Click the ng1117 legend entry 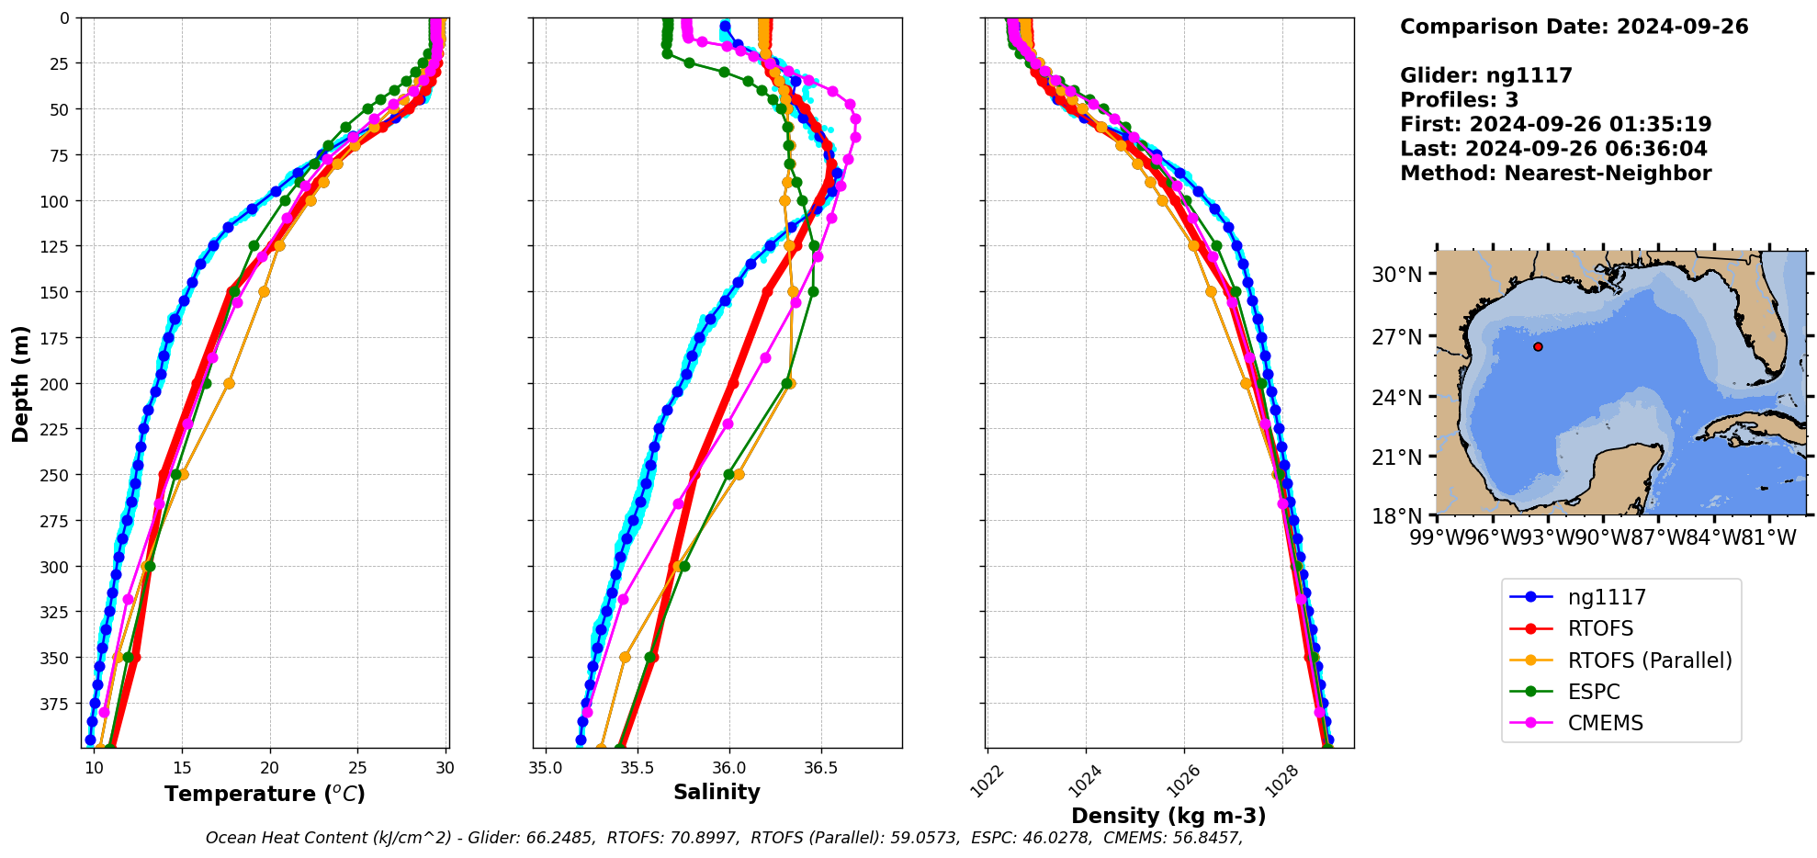1606,597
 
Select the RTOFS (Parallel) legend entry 1649,660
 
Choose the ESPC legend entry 1593,692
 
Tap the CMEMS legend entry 1605,723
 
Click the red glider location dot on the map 1538,346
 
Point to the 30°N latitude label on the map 1396,275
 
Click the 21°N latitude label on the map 1396,457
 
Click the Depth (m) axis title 20,383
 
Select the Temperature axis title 265,794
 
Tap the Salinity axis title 717,792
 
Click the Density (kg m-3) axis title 1168,816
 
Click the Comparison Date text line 1574,27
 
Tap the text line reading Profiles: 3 1459,100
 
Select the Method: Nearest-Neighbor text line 1555,174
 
